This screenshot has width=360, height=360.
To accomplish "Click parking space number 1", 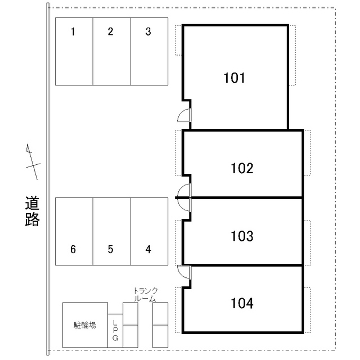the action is pyautogui.click(x=74, y=51).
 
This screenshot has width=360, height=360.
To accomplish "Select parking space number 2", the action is pyautogui.click(x=111, y=51).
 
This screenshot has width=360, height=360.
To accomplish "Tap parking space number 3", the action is pyautogui.click(x=149, y=51).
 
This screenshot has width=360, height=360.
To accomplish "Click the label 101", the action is pyautogui.click(x=235, y=78).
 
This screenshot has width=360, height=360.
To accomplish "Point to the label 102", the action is pyautogui.click(x=242, y=168).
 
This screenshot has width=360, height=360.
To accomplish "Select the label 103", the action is pyautogui.click(x=242, y=236).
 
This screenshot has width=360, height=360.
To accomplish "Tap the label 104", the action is pyautogui.click(x=242, y=304).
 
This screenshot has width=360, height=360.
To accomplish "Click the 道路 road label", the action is pyautogui.click(x=33, y=211).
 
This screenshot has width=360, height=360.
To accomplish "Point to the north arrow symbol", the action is pyautogui.click(x=33, y=162).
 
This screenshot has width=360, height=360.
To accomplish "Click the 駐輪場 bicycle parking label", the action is pyautogui.click(x=84, y=325).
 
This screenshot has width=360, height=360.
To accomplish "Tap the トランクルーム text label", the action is pyautogui.click(x=145, y=295).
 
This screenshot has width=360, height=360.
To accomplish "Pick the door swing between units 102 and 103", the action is pyautogui.click(x=184, y=197).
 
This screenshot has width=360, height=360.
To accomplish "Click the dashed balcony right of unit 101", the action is pyautogui.click(x=292, y=55).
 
